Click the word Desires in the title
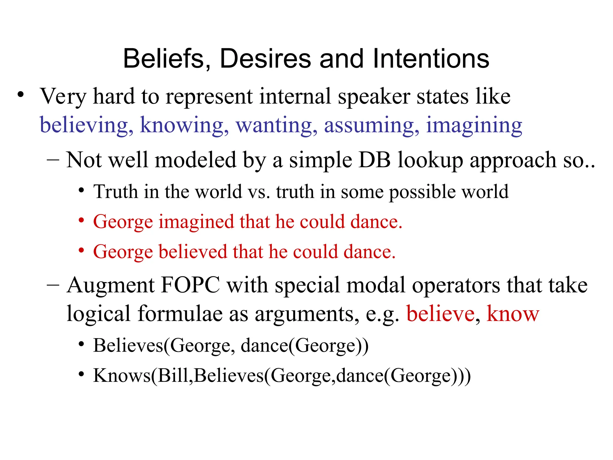[x=266, y=59]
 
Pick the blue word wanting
[x=276, y=125]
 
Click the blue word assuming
[x=371, y=125]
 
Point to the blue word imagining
[x=474, y=125]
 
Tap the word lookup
[x=430, y=161]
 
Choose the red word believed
[x=192, y=252]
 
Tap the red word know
[x=513, y=314]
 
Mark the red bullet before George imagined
[x=81, y=221]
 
